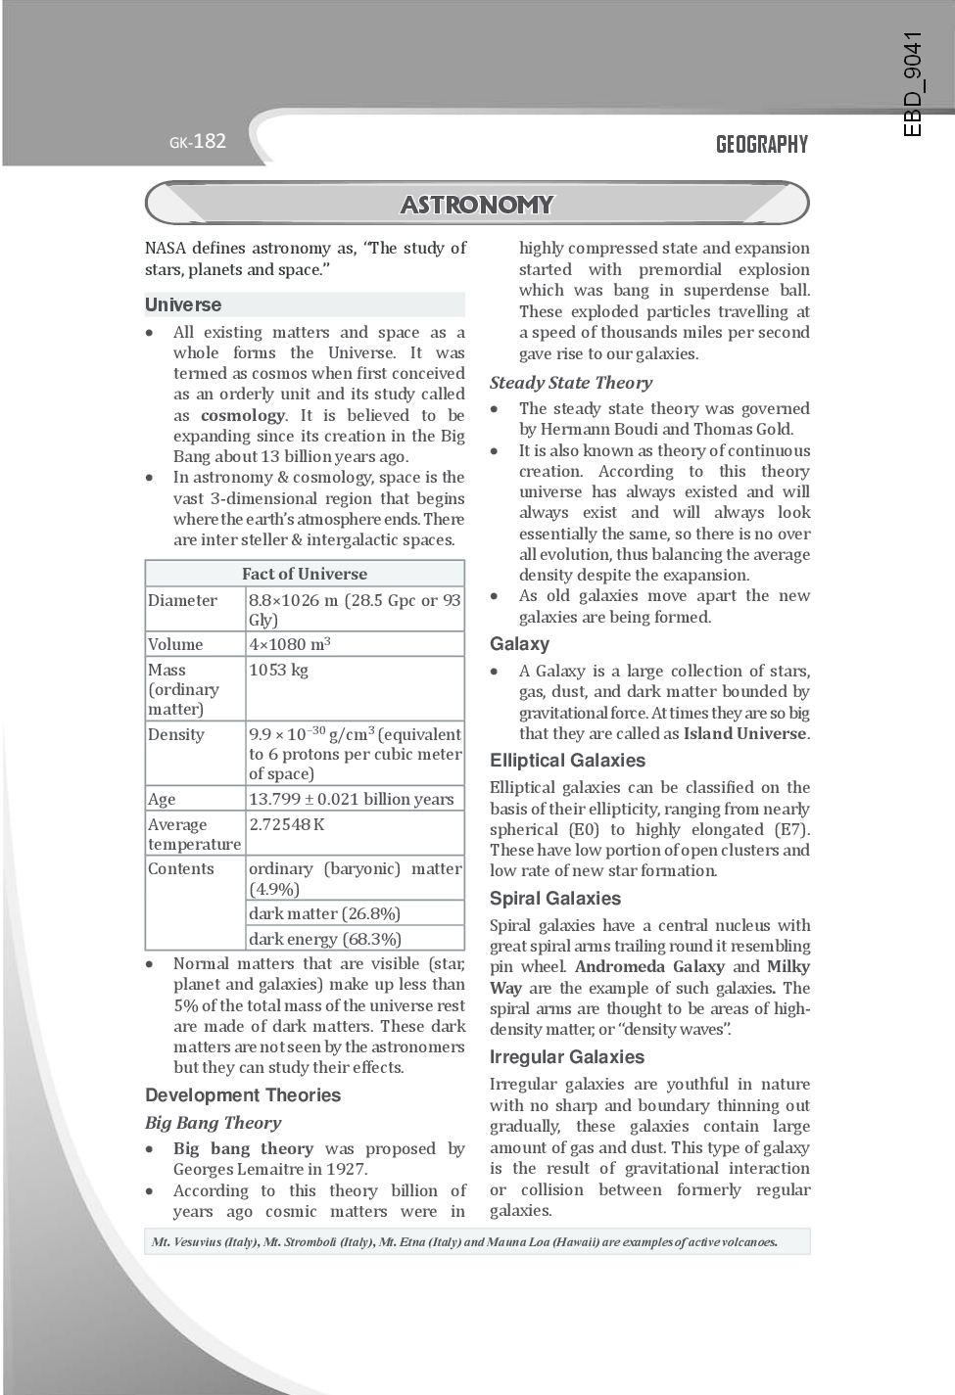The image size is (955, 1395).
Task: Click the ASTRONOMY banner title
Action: [x=477, y=205]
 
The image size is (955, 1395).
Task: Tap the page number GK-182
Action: [x=197, y=141]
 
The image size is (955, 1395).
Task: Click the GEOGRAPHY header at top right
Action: [x=761, y=145]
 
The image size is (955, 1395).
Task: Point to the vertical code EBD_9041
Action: [x=913, y=84]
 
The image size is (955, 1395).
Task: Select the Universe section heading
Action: [x=183, y=304]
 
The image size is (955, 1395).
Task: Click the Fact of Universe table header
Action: [x=305, y=574]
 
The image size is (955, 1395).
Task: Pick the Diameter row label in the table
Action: [x=183, y=600]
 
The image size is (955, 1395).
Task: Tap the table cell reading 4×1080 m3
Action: [x=290, y=644]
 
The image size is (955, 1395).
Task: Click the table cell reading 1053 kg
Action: [x=279, y=670]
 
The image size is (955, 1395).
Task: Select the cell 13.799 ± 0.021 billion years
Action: [x=351, y=799]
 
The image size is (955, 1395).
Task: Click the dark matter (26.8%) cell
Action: [x=324, y=913]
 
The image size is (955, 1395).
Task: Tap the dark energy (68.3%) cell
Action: [x=325, y=939]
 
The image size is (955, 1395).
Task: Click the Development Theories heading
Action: [x=243, y=1095]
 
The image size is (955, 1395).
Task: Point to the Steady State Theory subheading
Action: [x=571, y=383]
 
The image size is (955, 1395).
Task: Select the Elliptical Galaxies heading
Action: [x=567, y=761]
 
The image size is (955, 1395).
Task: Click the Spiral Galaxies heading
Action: [x=555, y=899]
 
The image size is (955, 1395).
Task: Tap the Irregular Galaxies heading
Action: [x=567, y=1057]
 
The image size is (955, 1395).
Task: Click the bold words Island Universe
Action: [x=745, y=733]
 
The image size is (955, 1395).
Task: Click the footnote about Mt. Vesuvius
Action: [x=465, y=1242]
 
